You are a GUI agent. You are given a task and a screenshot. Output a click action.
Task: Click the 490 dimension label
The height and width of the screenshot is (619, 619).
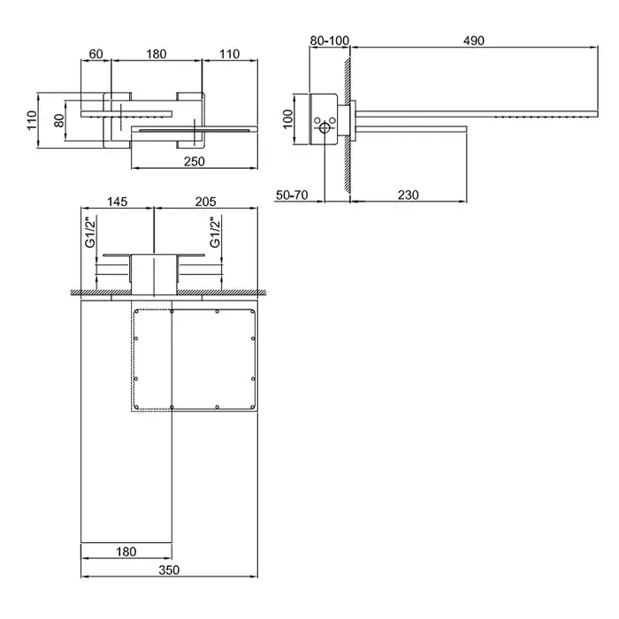tap(473, 41)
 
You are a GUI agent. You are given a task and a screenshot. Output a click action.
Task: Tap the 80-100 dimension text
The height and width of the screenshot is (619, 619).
tap(329, 41)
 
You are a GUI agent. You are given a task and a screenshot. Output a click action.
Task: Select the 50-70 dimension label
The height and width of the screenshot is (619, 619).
tap(292, 195)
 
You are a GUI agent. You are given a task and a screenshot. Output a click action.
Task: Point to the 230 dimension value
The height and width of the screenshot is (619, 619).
tap(408, 195)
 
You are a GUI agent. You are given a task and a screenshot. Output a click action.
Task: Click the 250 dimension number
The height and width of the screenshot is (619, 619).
tap(195, 162)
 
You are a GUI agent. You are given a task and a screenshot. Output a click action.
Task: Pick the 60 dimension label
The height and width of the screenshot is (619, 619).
tap(96, 54)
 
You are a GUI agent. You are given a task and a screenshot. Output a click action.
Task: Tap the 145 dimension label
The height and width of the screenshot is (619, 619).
tap(118, 202)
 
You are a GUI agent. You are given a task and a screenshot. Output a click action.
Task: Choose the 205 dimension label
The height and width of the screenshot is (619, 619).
tap(206, 202)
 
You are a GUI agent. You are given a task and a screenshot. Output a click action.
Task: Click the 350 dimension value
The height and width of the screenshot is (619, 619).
tap(169, 570)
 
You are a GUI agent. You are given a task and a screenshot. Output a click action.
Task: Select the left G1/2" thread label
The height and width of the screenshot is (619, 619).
tap(90, 232)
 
